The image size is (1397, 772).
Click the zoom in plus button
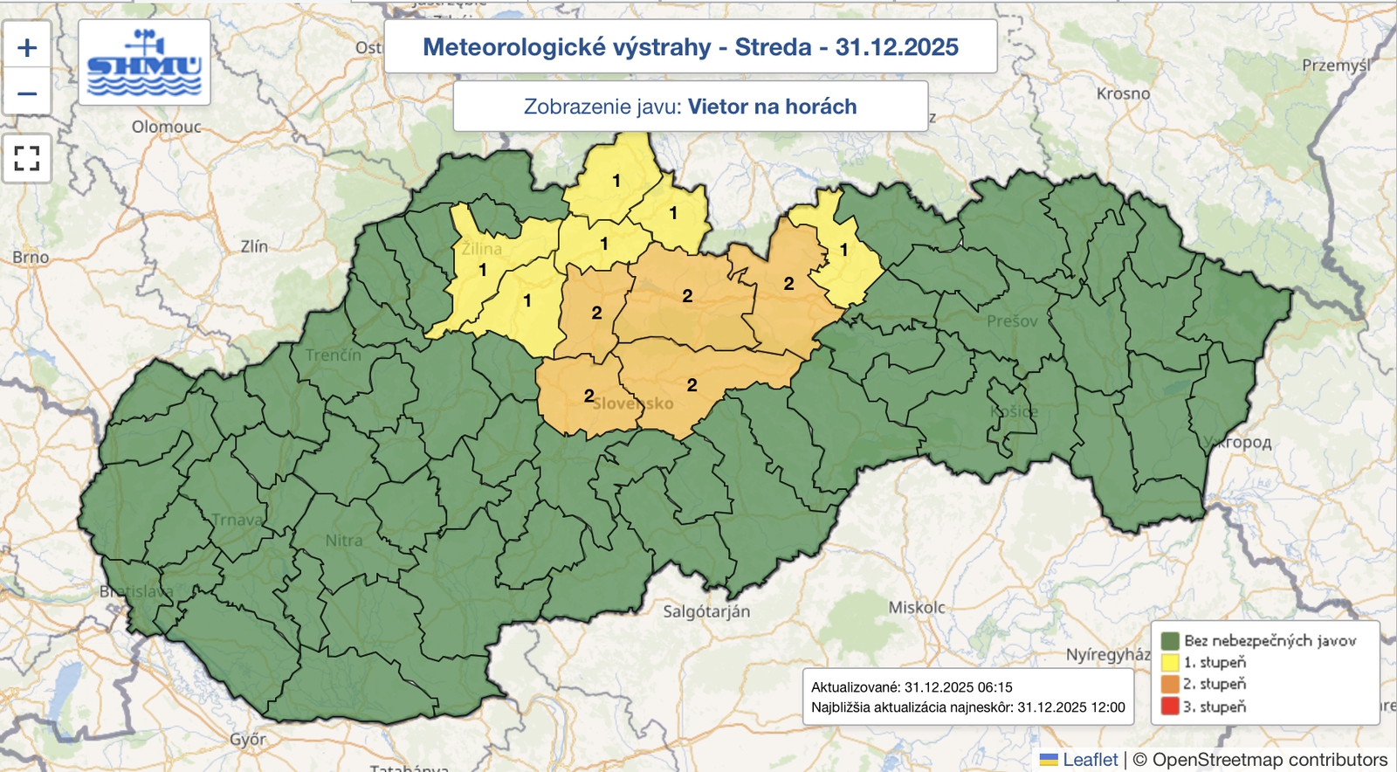point(27,47)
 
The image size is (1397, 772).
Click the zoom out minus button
point(27,93)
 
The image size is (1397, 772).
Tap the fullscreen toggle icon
point(27,158)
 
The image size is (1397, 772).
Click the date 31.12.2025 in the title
point(897,47)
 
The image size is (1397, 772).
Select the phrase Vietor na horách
point(772,107)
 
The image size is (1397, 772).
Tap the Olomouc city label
point(166,128)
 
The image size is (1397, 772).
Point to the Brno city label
point(31,258)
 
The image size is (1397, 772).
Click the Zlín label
point(254,247)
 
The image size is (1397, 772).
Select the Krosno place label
point(1123,93)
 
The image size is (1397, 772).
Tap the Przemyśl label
point(1336,65)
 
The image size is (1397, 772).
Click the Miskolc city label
point(917,607)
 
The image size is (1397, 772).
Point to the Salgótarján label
point(706,611)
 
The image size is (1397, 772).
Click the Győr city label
point(248,740)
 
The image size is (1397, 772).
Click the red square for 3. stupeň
point(1170,707)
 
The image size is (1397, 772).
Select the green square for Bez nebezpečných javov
point(1170,641)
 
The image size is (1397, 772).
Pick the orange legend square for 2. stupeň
point(1170,685)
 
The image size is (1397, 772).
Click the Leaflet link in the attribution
point(1090,760)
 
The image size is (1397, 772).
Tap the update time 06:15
point(995,687)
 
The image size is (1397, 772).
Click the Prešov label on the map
point(1012,321)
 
